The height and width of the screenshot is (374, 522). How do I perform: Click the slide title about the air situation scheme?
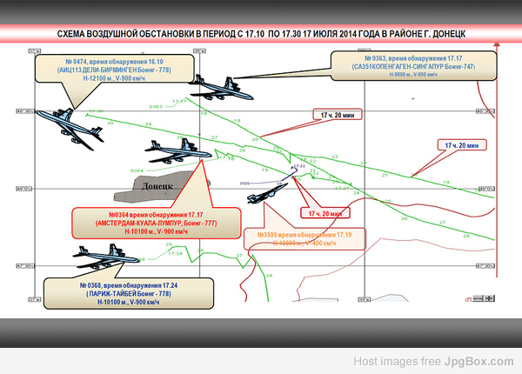coord(261,34)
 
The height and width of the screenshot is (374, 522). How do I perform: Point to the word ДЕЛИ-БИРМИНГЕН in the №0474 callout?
coord(110,70)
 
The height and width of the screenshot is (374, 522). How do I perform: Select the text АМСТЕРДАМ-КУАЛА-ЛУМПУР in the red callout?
coord(157,223)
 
